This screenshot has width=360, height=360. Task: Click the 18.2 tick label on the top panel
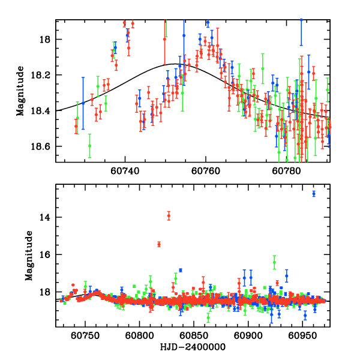(x=44, y=76)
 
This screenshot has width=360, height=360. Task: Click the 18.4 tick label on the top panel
(x=44, y=111)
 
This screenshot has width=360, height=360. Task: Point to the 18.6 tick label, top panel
(x=44, y=146)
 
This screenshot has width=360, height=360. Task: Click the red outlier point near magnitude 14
(x=169, y=215)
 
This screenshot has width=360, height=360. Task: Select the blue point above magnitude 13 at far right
(x=314, y=193)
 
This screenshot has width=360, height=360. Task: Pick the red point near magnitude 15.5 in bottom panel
(x=159, y=244)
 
